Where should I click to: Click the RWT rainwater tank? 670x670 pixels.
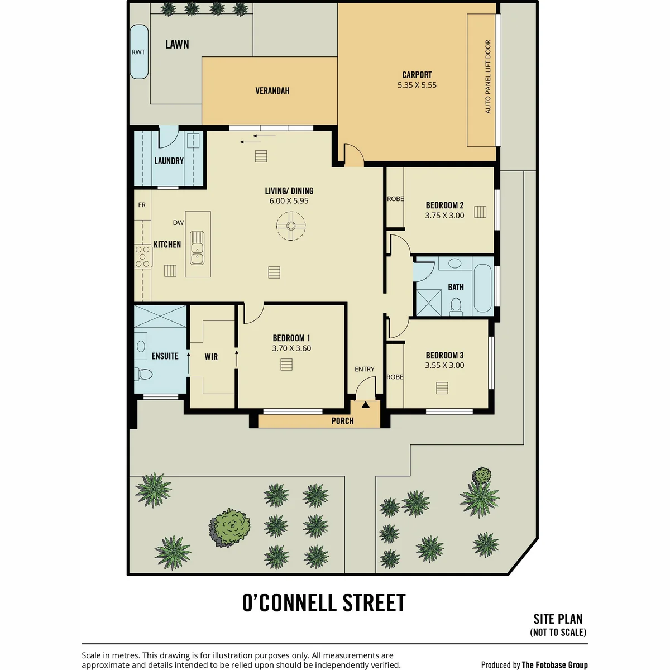(x=138, y=52)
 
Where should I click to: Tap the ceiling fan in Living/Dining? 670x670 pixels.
(x=291, y=226)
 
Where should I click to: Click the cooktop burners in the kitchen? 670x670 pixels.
(x=143, y=257)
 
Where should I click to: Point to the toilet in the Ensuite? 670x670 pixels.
(x=144, y=374)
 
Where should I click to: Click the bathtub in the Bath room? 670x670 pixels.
(x=482, y=288)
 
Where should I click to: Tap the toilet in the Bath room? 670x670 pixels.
(x=456, y=307)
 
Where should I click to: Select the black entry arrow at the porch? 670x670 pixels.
(x=365, y=405)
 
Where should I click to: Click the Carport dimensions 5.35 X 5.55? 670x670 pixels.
(x=417, y=85)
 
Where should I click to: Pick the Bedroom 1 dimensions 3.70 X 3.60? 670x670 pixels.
(x=291, y=348)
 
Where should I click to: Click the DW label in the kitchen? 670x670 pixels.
(x=178, y=223)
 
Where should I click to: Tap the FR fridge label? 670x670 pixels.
(x=142, y=205)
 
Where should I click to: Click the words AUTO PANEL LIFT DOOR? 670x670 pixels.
(x=488, y=76)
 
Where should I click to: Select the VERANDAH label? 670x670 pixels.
(x=272, y=91)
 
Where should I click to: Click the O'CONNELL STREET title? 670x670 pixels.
(x=324, y=603)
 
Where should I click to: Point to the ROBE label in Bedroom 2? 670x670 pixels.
(x=395, y=199)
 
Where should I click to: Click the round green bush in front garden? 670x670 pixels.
(x=229, y=528)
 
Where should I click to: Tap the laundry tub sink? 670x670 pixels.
(x=192, y=141)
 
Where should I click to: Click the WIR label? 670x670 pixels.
(x=211, y=357)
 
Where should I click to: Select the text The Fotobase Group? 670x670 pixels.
(x=554, y=665)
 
